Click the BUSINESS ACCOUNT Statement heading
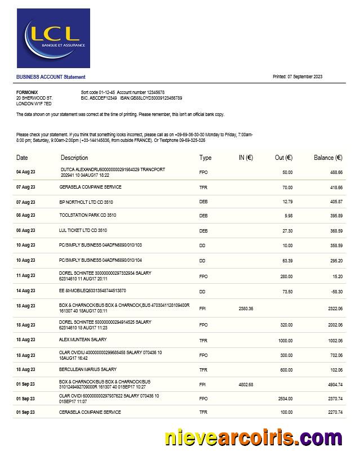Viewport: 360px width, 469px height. [x=51, y=77]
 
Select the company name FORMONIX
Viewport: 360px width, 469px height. [x=27, y=92]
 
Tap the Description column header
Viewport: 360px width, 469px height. [x=74, y=158]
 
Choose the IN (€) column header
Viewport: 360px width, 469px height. [x=246, y=158]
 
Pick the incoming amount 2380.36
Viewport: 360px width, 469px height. [x=246, y=309]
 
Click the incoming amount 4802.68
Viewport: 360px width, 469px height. [x=246, y=385]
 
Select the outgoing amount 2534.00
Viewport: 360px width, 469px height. [x=285, y=399]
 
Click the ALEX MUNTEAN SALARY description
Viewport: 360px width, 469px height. [x=83, y=340]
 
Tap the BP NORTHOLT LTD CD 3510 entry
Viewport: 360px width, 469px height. [x=86, y=202]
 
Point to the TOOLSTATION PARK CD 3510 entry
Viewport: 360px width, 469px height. [x=88, y=215]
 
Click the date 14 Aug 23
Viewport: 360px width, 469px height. [x=25, y=291]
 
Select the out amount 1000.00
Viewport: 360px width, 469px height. [x=285, y=340]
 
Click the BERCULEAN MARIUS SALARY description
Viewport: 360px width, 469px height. [x=88, y=369]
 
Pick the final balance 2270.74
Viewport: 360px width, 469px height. [x=335, y=412]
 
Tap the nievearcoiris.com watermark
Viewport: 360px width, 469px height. [x=253, y=438]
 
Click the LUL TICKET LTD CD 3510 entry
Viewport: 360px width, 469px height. [x=83, y=230]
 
